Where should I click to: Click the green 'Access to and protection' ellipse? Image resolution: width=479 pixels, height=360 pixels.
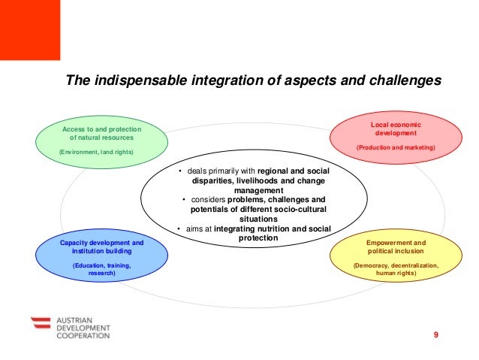pyautogui.click(x=101, y=141)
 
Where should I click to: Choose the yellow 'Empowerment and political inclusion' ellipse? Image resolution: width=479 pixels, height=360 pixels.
pyautogui.click(x=395, y=258)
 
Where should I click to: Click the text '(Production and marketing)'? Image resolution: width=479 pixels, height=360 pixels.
pyautogui.click(x=395, y=148)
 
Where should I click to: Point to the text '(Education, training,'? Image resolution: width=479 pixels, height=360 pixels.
pyautogui.click(x=101, y=266)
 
